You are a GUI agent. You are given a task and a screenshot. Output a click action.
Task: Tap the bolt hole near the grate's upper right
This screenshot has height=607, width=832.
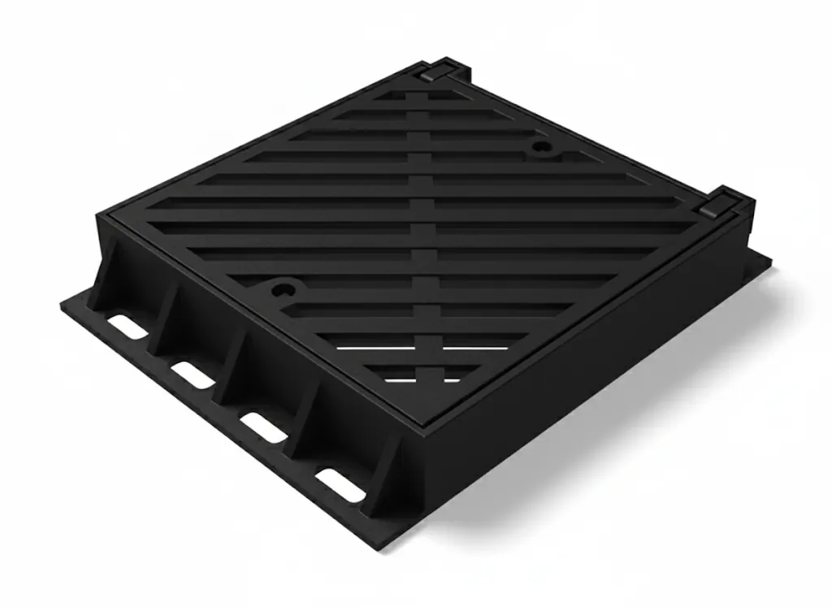tap(540, 148)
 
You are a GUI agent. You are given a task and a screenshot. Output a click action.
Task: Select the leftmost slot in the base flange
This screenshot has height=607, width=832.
tap(128, 327)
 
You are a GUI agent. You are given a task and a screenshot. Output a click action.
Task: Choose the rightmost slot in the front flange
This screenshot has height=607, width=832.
tap(340, 485)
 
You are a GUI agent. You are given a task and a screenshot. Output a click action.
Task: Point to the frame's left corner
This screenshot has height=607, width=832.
tap(101, 213)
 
